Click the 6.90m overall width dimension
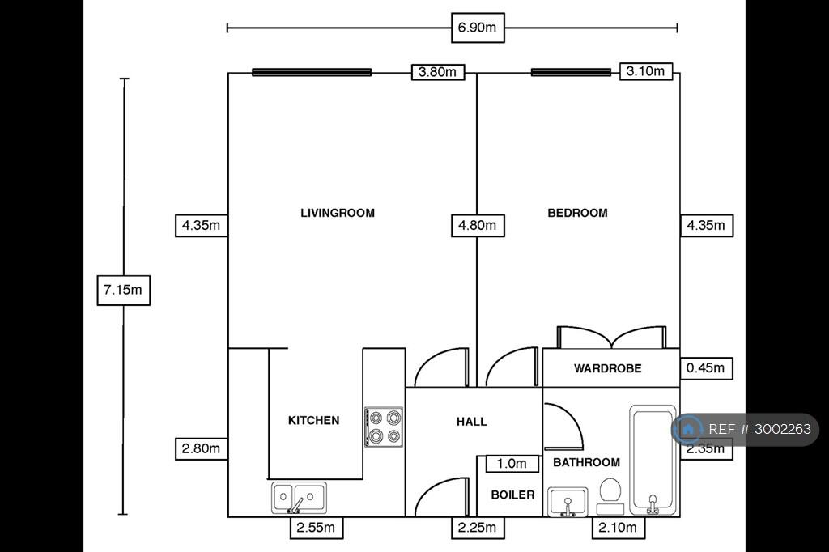[478, 28]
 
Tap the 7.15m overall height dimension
[123, 290]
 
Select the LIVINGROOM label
[338, 213]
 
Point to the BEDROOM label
[577, 213]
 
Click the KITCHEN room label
[313, 420]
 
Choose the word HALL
[472, 422]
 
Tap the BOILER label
[512, 495]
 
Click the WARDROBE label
[607, 368]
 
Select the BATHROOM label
[586, 462]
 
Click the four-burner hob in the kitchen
[384, 427]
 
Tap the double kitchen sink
[299, 498]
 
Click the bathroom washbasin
[568, 502]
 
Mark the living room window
[312, 72]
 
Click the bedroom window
[571, 72]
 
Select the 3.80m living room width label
[438, 72]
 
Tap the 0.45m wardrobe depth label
[706, 368]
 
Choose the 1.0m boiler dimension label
[512, 464]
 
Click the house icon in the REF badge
[688, 429]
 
